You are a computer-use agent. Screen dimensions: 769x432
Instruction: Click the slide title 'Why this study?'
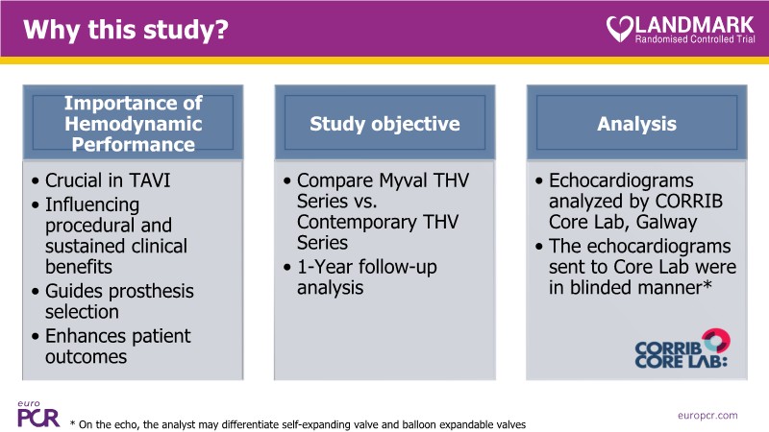(126, 30)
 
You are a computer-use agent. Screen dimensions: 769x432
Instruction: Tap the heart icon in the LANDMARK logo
(620, 29)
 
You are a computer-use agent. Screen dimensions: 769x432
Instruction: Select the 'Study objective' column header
(384, 124)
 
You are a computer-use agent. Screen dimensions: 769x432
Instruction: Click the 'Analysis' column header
(636, 124)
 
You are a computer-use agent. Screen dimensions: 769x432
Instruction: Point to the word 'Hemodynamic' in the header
(133, 124)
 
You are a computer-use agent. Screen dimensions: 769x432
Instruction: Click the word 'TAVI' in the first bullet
(150, 180)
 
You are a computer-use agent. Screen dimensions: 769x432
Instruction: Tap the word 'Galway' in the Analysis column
(666, 223)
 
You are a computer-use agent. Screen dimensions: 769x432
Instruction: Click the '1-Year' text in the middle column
(325, 267)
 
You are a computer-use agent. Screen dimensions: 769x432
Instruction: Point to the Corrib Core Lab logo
(682, 348)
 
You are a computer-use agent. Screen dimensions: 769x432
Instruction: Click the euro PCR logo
(38, 415)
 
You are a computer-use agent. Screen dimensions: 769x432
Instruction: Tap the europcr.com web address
(707, 416)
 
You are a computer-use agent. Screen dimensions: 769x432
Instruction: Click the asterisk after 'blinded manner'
(707, 284)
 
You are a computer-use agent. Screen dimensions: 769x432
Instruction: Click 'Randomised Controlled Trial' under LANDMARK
(695, 38)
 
